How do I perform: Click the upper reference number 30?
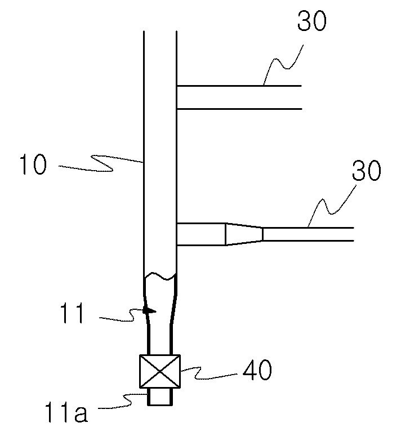click(x=311, y=21)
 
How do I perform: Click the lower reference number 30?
click(x=367, y=171)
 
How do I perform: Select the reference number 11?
click(x=72, y=313)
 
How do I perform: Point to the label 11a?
click(x=66, y=412)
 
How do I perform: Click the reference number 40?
click(x=257, y=370)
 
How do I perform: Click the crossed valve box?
click(x=160, y=371)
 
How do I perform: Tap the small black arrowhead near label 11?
click(x=149, y=310)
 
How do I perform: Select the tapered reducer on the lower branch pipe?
click(x=244, y=234)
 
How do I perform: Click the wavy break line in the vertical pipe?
click(x=160, y=277)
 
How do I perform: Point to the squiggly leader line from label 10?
click(x=100, y=163)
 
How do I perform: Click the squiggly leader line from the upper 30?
click(x=283, y=65)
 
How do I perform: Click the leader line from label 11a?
click(x=122, y=401)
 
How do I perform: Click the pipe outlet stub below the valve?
click(x=160, y=397)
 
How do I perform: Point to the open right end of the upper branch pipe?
click(x=302, y=97)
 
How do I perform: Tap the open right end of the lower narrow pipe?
click(x=354, y=234)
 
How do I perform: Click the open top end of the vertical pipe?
click(x=160, y=31)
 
